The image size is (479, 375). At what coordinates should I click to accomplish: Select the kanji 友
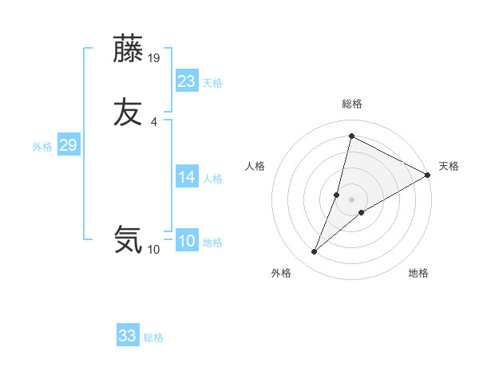pyautogui.click(x=129, y=112)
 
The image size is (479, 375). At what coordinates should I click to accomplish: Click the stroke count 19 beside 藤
pyautogui.click(x=155, y=57)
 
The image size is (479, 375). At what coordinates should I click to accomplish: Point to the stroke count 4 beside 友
pyautogui.click(x=153, y=121)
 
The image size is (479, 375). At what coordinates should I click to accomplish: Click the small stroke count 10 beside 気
pyautogui.click(x=153, y=250)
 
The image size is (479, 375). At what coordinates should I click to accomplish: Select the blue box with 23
pyautogui.click(x=187, y=81)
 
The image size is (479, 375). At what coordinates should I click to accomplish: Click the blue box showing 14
pyautogui.click(x=187, y=177)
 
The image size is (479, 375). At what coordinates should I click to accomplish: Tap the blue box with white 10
pyautogui.click(x=187, y=241)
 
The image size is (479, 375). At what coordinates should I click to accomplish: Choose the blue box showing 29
pyautogui.click(x=68, y=145)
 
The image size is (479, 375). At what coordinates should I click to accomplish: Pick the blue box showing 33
pyautogui.click(x=128, y=336)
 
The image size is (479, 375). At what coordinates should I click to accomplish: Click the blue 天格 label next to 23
pyautogui.click(x=212, y=83)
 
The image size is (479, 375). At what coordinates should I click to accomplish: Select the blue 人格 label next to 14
pyautogui.click(x=212, y=179)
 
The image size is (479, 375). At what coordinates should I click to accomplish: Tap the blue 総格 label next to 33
pyautogui.click(x=153, y=337)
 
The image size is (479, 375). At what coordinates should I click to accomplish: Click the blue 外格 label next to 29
pyautogui.click(x=42, y=147)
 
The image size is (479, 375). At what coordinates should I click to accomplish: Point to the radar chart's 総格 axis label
pyautogui.click(x=352, y=104)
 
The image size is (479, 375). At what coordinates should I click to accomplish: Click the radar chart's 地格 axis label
pyautogui.click(x=418, y=273)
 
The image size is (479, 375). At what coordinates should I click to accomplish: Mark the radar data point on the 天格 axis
pyautogui.click(x=428, y=175)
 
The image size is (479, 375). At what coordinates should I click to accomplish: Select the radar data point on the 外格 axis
pyautogui.click(x=314, y=252)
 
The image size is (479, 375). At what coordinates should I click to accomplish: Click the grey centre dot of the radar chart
pyautogui.click(x=352, y=199)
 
